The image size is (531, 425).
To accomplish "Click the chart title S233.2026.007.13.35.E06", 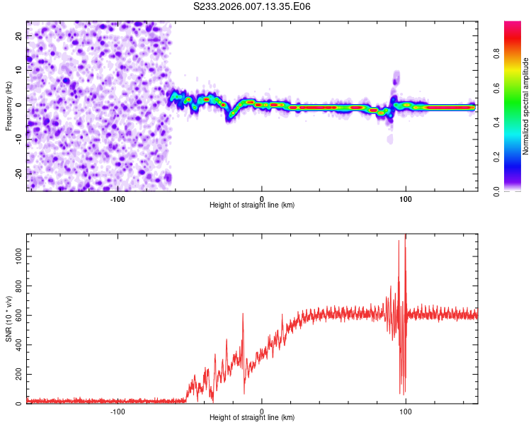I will tap(253, 6).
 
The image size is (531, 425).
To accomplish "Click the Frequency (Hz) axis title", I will tap(8, 106).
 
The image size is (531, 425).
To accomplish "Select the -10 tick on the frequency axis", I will tap(18, 139).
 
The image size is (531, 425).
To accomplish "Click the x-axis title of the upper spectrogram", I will tap(252, 205).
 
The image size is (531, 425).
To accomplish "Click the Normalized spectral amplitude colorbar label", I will tap(526, 106).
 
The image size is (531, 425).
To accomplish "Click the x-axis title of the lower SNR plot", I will tap(252, 418).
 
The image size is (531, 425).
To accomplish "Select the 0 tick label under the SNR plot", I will tap(262, 411).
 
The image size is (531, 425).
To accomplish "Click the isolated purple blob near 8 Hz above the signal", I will tap(396, 76).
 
